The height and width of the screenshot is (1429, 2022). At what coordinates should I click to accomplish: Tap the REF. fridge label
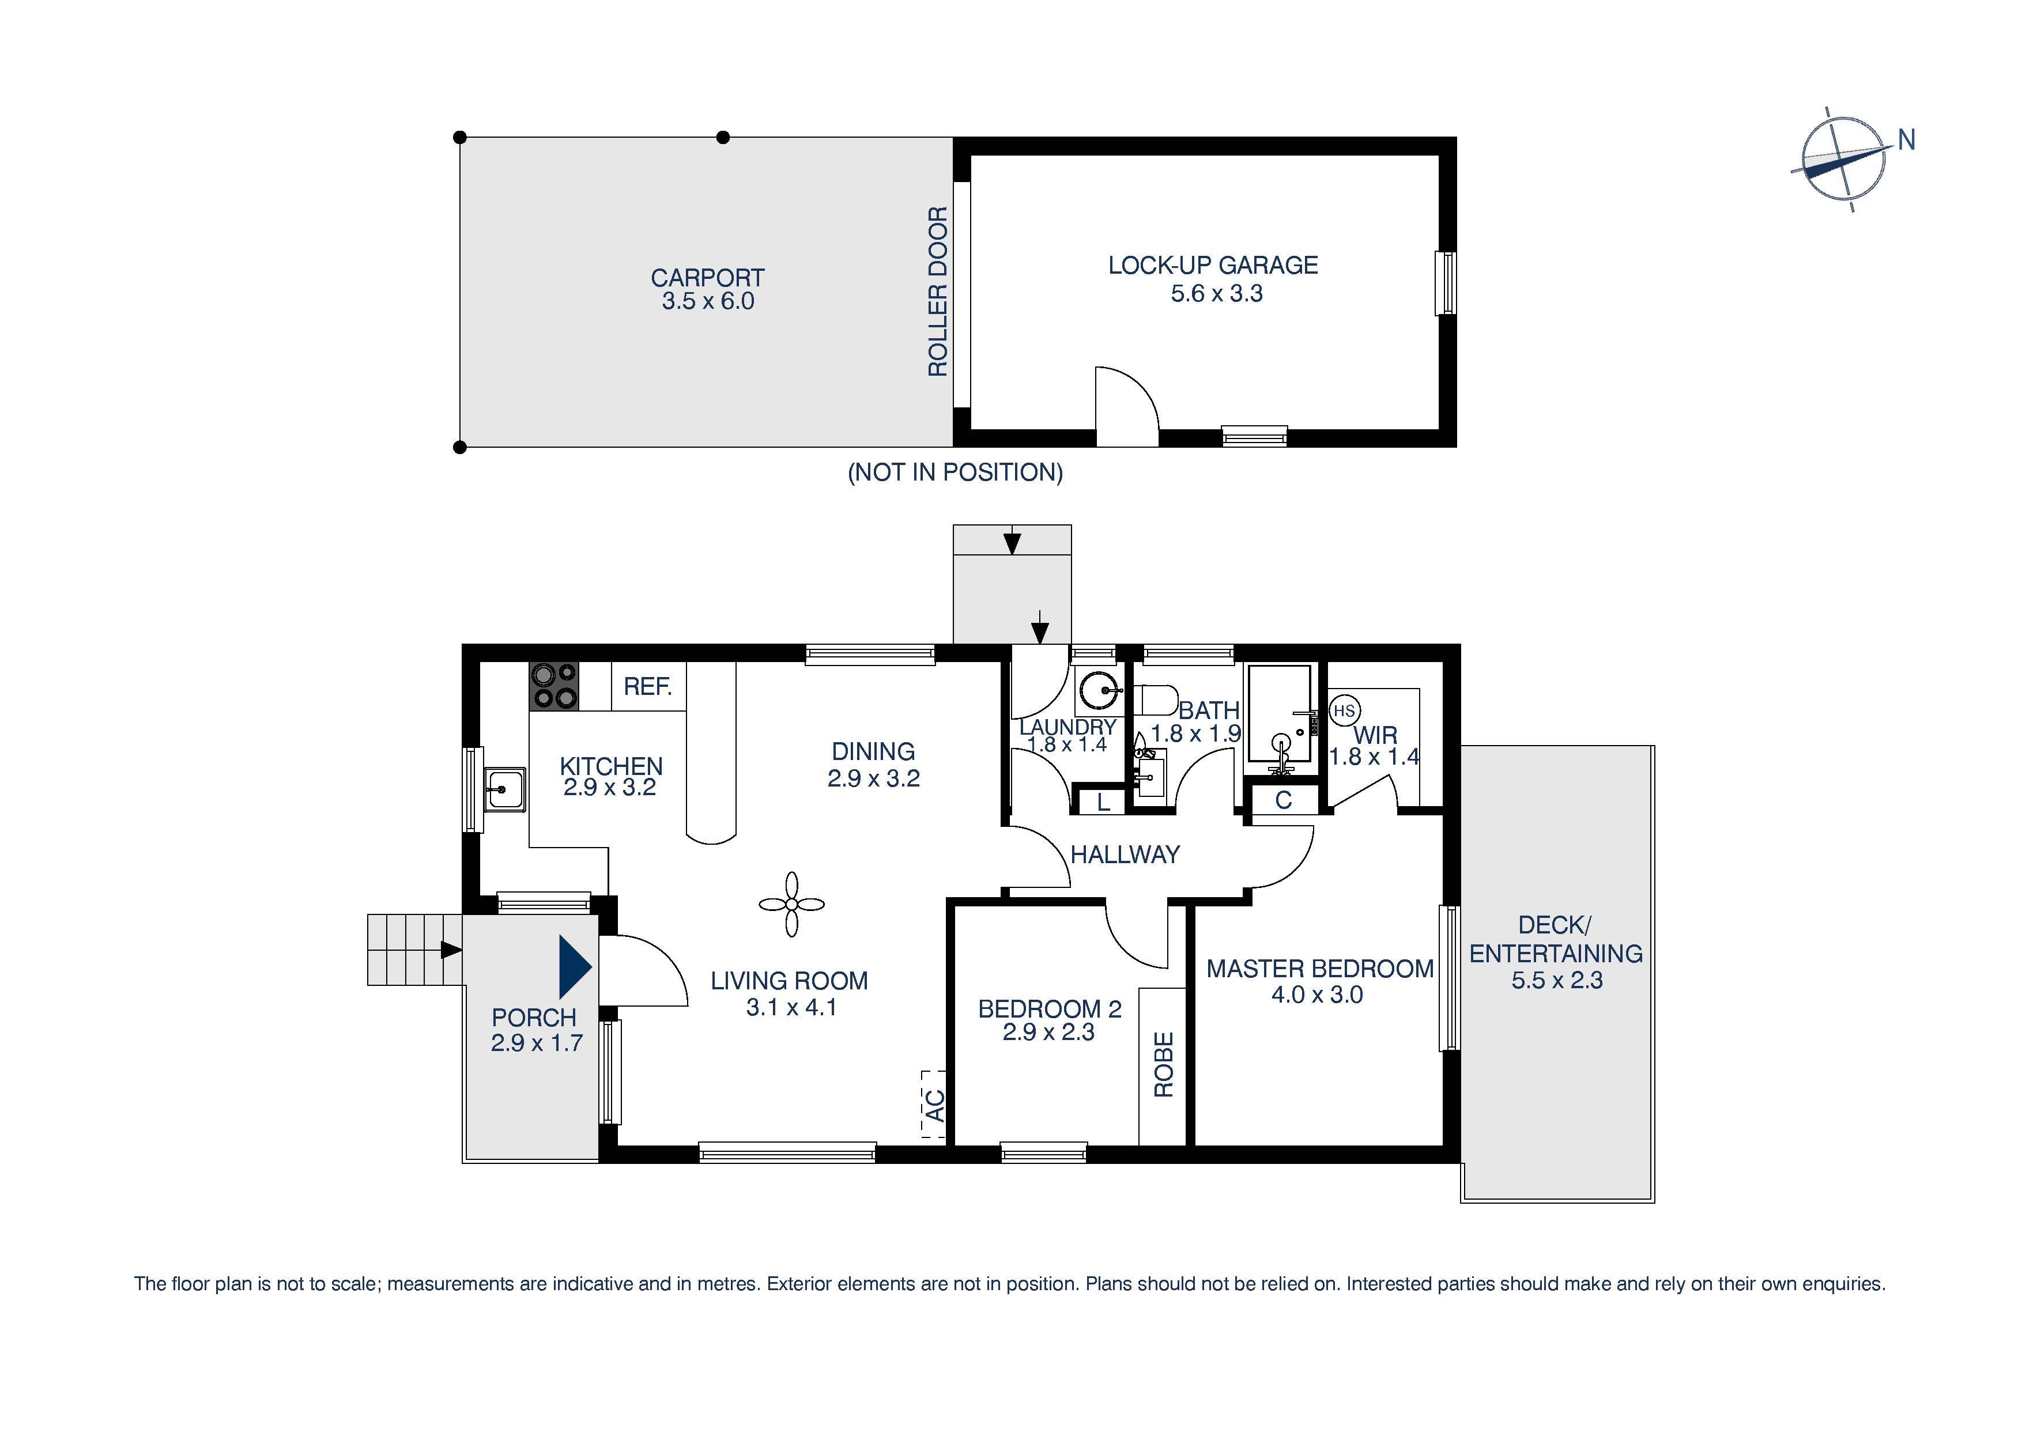point(647,687)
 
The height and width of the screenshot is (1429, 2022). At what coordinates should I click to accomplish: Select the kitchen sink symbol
point(504,789)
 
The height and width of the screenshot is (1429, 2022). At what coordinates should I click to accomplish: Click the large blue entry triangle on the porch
point(574,967)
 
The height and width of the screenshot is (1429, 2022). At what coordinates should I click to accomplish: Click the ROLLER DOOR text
point(938,292)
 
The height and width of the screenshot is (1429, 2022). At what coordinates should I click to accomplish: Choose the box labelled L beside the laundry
point(1103,802)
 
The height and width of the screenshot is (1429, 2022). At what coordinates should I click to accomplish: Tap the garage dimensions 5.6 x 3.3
point(1216,293)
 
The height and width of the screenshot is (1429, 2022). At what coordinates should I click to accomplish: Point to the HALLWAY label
point(1125,854)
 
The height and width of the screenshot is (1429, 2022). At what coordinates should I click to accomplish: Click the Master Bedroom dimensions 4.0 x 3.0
point(1316,995)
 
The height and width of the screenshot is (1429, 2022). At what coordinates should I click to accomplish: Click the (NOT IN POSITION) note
point(955,473)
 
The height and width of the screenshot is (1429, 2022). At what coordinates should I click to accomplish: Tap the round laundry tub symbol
point(1099,692)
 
